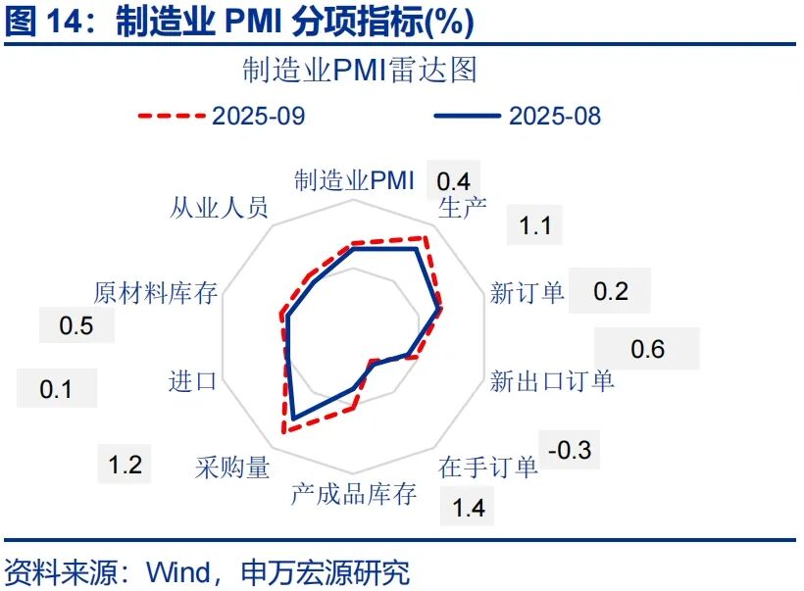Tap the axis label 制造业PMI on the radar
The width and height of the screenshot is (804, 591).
(354, 180)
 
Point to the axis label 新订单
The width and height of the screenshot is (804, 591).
(528, 292)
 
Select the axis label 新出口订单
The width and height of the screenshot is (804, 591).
(552, 380)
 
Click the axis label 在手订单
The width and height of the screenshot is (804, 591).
(488, 467)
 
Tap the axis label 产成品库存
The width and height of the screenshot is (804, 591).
(353, 493)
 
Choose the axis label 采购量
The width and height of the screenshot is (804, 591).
(232, 467)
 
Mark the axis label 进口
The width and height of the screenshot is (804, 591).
(192, 380)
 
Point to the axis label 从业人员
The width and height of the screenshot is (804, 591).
(219, 209)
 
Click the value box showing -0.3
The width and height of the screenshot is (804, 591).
(570, 451)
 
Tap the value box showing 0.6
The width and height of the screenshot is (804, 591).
(647, 349)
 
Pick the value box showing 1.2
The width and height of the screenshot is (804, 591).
(126, 465)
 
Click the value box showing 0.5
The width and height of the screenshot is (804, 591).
(75, 325)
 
